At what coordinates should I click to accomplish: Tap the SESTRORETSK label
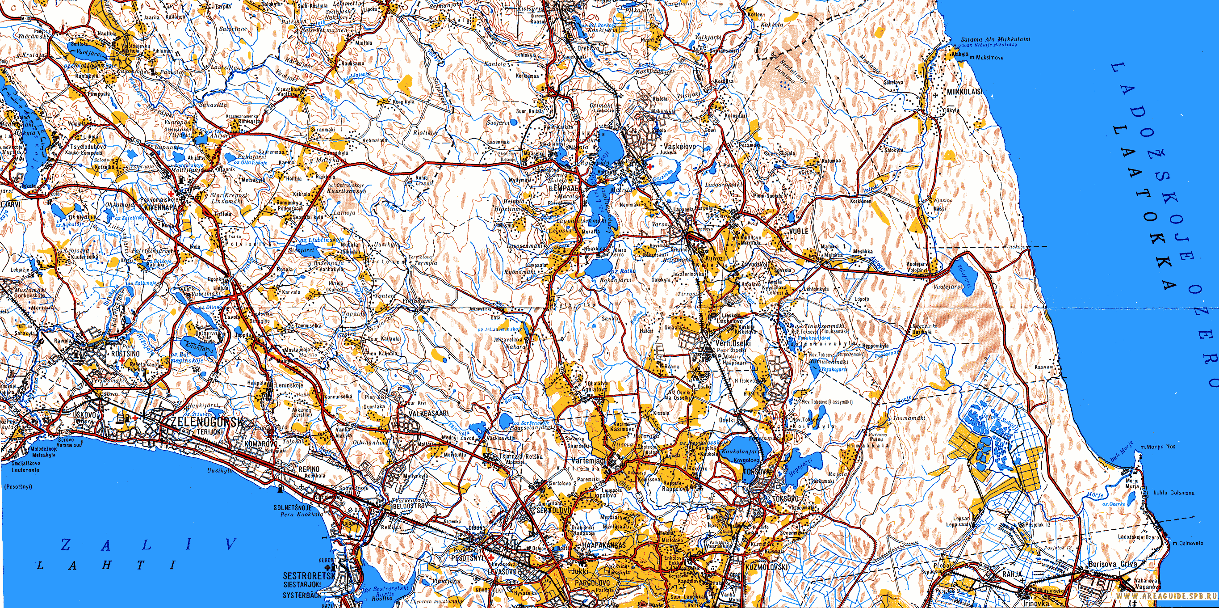(x=309, y=576)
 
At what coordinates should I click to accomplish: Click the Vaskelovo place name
(x=680, y=147)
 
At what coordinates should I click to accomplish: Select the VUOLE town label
(x=799, y=231)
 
